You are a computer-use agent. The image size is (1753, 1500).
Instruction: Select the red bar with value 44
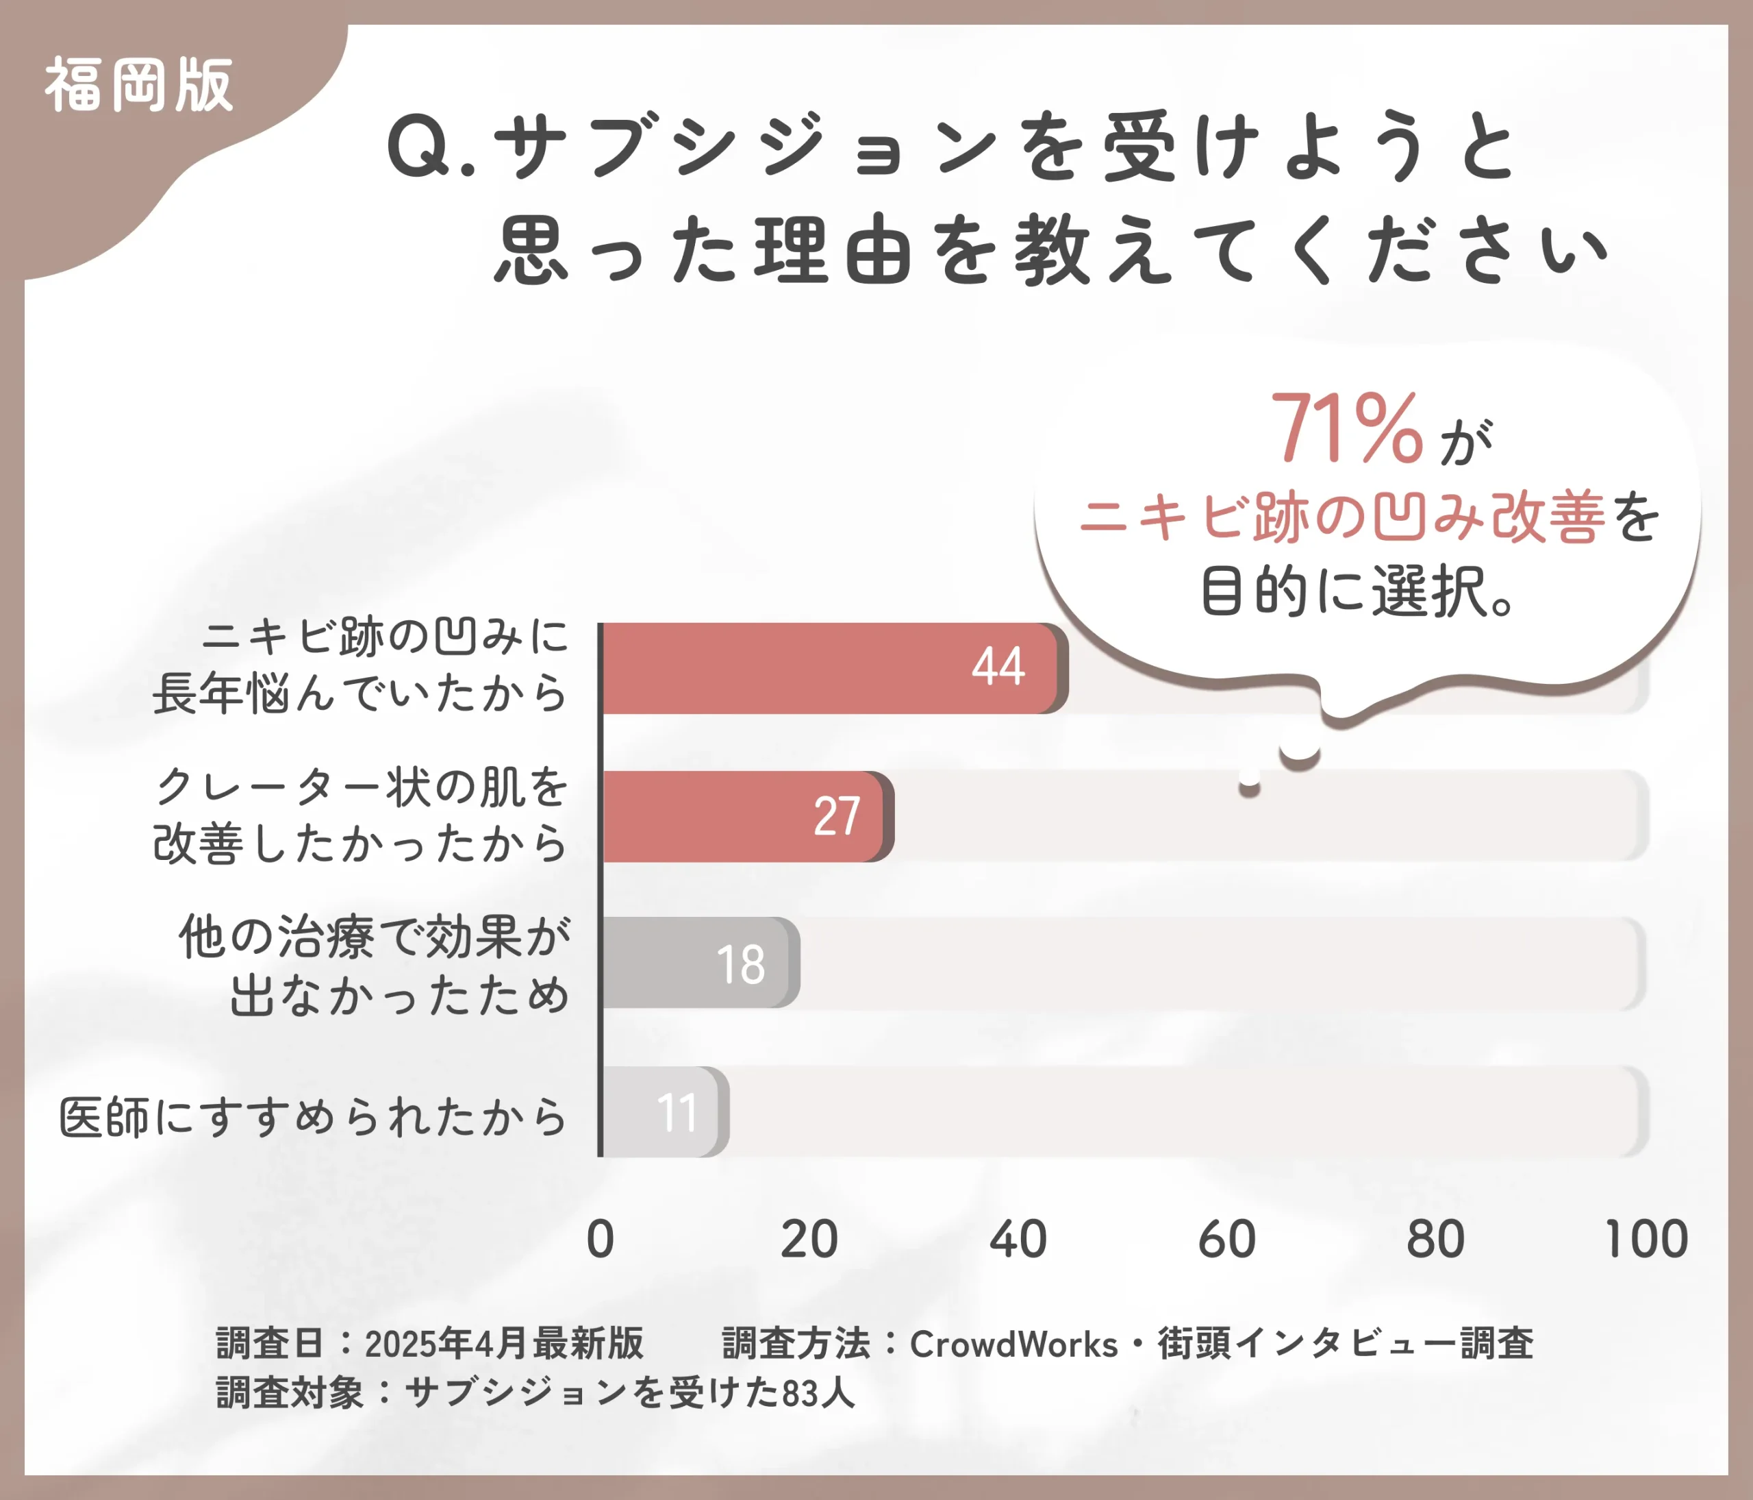(829, 668)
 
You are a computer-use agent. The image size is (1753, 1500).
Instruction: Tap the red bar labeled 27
(744, 817)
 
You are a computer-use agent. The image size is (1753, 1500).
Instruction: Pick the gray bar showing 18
(698, 963)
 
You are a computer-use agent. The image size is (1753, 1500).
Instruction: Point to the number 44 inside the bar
(998, 666)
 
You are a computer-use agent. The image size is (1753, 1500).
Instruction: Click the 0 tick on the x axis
(600, 1240)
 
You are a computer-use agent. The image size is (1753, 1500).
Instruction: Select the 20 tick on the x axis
(808, 1240)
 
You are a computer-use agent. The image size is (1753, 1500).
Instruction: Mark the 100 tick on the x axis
(1645, 1240)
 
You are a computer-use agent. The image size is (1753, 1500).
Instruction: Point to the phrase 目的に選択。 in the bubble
(1358, 591)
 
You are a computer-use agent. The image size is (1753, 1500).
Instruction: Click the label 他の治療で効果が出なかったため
(374, 965)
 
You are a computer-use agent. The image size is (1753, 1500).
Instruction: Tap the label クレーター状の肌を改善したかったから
(360, 815)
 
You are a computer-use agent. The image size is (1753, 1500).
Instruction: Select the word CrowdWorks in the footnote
(1013, 1344)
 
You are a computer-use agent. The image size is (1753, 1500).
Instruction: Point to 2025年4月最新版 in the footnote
(504, 1344)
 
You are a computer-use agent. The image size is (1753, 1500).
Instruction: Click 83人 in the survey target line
(818, 1393)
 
